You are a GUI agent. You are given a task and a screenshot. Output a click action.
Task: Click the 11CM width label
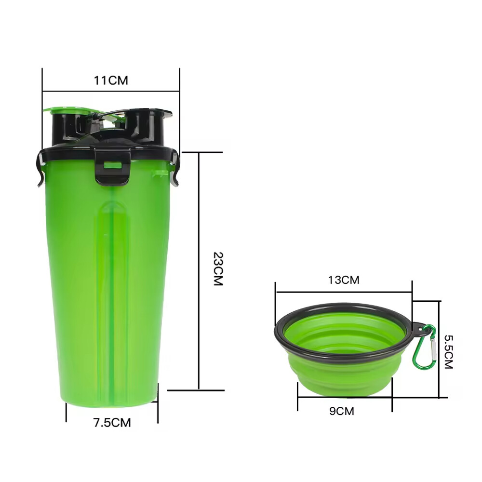111,80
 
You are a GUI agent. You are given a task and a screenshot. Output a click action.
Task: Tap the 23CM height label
218,269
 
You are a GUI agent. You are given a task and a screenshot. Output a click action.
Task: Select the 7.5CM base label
112,423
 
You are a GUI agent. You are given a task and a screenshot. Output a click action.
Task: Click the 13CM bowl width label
344,280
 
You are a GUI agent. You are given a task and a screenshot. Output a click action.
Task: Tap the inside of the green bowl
343,333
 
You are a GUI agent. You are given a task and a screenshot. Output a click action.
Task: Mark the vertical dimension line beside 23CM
199,270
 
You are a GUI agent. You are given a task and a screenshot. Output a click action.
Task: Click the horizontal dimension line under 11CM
111,90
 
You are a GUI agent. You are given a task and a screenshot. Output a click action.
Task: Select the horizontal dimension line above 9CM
345,398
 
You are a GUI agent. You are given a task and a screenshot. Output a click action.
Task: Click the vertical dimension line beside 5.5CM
440,349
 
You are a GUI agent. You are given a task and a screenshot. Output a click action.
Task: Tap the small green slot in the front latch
112,165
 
